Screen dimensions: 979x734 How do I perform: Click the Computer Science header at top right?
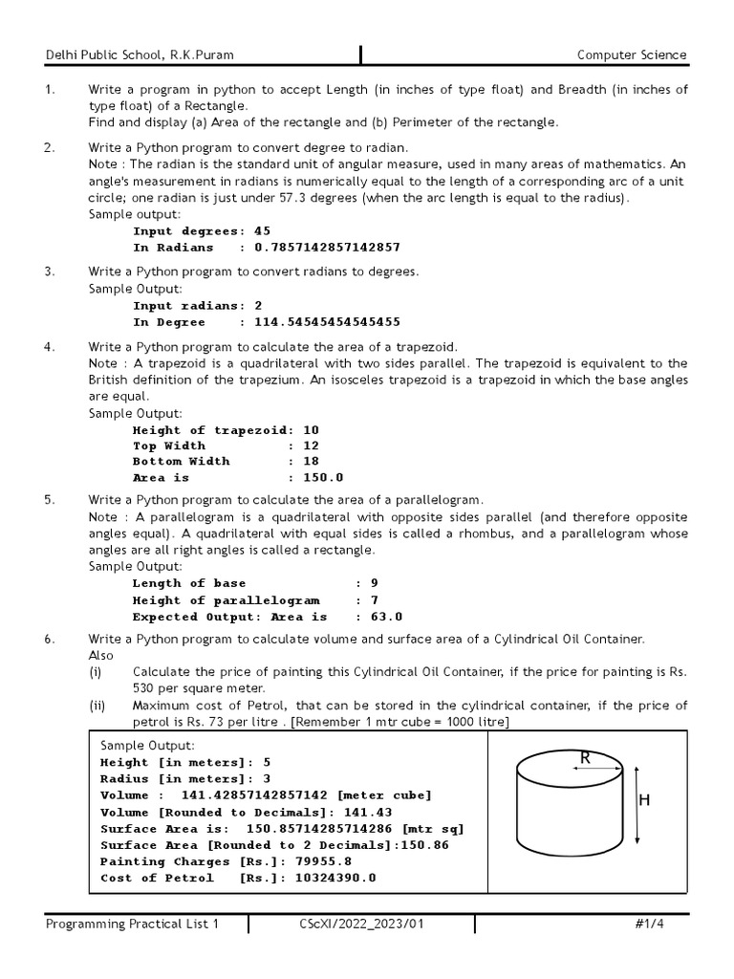(x=632, y=54)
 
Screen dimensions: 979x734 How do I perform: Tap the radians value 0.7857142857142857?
(x=326, y=247)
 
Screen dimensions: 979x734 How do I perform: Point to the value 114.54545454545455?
(x=326, y=322)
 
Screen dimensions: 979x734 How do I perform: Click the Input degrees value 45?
(x=262, y=230)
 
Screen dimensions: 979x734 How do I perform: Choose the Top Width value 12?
(x=311, y=446)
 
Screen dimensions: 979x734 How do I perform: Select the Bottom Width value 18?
(x=311, y=461)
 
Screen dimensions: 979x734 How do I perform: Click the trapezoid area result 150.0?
(x=323, y=477)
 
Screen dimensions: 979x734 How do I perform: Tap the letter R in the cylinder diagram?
(x=585, y=757)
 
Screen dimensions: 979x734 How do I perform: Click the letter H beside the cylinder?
(x=644, y=801)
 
